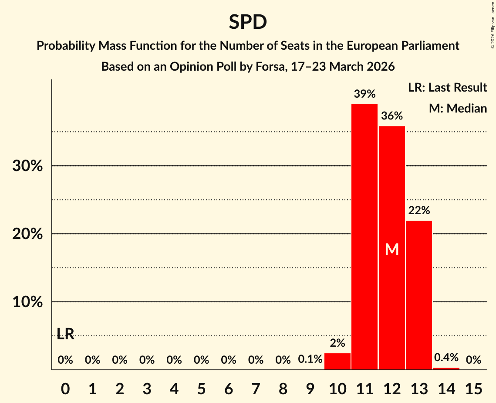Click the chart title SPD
pyautogui.click(x=248, y=22)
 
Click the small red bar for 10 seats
pyautogui.click(x=337, y=362)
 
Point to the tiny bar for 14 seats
pyautogui.click(x=446, y=369)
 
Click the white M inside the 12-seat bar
pyautogui.click(x=392, y=249)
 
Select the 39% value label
pyautogui.click(x=364, y=94)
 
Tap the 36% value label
pyautogui.click(x=392, y=116)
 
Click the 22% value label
pyautogui.click(x=419, y=211)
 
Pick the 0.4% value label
pyautogui.click(x=446, y=358)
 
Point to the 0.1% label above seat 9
pyautogui.click(x=310, y=360)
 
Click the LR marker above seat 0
pyautogui.click(x=65, y=334)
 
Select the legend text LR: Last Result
pyautogui.click(x=447, y=88)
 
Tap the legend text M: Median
pyautogui.click(x=458, y=108)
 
